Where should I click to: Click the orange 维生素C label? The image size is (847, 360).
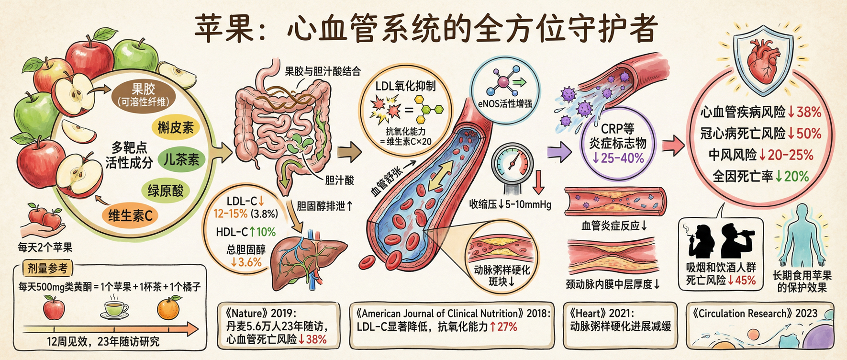pos(130,216)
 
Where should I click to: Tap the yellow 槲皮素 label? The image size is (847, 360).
pos(176,127)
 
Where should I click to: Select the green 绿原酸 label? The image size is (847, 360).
pos(166,191)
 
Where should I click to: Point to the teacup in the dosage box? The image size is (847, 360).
pos(114,309)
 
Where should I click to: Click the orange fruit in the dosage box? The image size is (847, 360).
pos(169,308)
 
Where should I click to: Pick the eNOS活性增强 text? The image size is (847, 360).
pos(505,103)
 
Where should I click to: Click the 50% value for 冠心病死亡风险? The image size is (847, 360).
pos(808,134)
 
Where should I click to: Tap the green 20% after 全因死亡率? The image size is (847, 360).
pos(796,177)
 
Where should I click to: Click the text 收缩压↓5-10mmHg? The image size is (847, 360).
pos(510,204)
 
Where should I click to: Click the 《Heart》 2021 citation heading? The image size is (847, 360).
pos(602,314)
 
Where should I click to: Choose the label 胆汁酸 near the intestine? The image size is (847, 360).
pos(339,180)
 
